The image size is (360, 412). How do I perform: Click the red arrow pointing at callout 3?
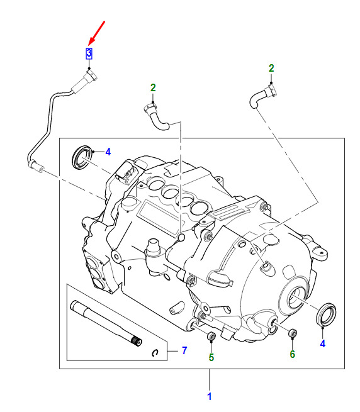pos(97,32)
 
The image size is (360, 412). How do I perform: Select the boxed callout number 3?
pos(89,53)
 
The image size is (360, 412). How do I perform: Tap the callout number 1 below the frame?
pos(210,396)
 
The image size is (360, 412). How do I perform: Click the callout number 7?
pos(184,350)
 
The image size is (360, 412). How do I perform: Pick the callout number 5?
pos(211,357)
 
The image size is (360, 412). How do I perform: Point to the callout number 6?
pos(293,354)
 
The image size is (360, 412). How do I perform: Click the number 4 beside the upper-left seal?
pos(108,152)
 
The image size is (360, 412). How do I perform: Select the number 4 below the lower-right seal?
pos(323,343)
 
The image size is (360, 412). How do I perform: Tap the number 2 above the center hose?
pos(153,88)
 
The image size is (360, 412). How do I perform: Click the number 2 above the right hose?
pos(271,69)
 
